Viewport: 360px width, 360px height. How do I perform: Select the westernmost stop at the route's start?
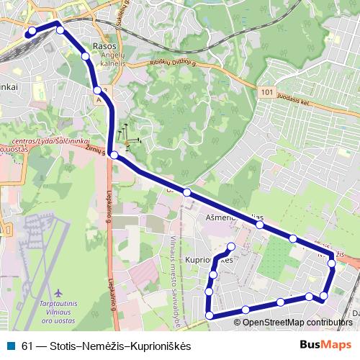click(x=31, y=32)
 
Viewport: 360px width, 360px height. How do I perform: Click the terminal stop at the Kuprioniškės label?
click(x=231, y=247)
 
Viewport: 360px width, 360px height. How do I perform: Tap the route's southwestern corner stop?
click(x=210, y=315)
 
